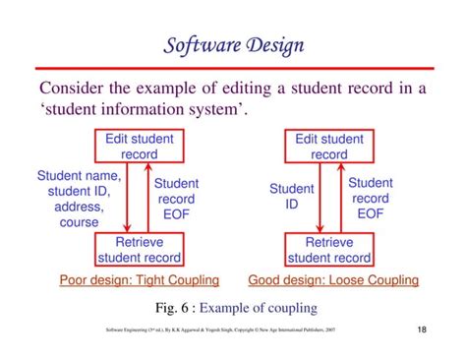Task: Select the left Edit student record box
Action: pos(139,147)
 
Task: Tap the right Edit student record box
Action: pos(329,147)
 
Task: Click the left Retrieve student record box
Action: pos(139,250)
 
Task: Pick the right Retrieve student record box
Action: pos(329,250)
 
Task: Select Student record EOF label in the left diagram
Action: pos(176,198)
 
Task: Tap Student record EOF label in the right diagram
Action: pos(371,197)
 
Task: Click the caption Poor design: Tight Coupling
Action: pos(140,280)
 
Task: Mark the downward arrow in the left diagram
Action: pos(128,198)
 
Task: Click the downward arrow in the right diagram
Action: pos(318,198)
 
